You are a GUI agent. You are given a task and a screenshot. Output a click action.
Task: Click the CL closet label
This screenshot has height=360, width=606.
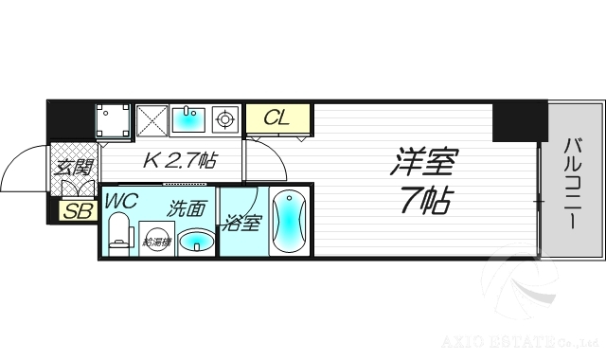(x=277, y=118)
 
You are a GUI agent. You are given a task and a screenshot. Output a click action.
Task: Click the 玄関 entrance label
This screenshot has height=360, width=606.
(x=73, y=169)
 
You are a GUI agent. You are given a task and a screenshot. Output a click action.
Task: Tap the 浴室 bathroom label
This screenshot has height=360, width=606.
(x=242, y=225)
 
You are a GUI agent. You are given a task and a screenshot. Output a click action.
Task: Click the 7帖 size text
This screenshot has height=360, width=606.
(x=422, y=200)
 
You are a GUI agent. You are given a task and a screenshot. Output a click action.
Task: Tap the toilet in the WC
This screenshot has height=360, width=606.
(x=117, y=233)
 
